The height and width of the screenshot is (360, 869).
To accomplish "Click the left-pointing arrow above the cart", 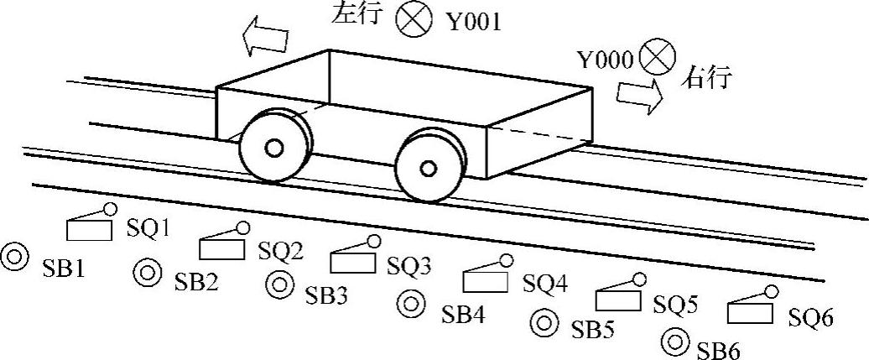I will [264, 37].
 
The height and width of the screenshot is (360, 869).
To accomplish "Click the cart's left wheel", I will [273, 148].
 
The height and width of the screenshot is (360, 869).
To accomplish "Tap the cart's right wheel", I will [429, 167].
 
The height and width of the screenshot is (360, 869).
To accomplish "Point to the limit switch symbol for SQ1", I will [90, 225].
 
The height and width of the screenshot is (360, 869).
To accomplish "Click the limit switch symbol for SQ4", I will [486, 278].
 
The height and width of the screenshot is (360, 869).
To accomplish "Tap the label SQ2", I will [280, 250].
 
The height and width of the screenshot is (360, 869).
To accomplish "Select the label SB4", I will [465, 316].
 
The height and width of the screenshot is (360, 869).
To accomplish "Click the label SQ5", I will [675, 305].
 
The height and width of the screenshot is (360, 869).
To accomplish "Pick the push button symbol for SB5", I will [544, 321].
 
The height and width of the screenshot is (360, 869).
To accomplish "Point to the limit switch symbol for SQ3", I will [353, 257].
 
